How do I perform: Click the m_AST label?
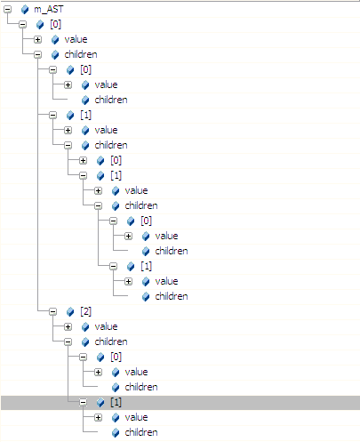49,9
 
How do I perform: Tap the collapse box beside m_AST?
7,9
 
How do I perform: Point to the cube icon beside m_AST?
25,10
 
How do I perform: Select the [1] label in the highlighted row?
116,402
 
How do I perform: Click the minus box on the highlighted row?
83,402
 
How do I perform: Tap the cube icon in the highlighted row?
100,402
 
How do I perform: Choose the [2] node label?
85,311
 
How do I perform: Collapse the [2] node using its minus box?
52,311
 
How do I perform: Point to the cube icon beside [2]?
70,311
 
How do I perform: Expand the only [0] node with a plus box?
83,160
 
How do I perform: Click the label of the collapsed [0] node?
116,160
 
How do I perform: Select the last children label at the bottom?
141,432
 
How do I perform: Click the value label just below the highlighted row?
136,417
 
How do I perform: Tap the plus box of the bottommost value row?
98,417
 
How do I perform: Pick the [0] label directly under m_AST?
55,24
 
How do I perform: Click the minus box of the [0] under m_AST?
22,24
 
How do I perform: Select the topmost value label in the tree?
76,39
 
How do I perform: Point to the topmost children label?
81,54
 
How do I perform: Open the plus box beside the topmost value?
37,39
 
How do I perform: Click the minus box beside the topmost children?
37,54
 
